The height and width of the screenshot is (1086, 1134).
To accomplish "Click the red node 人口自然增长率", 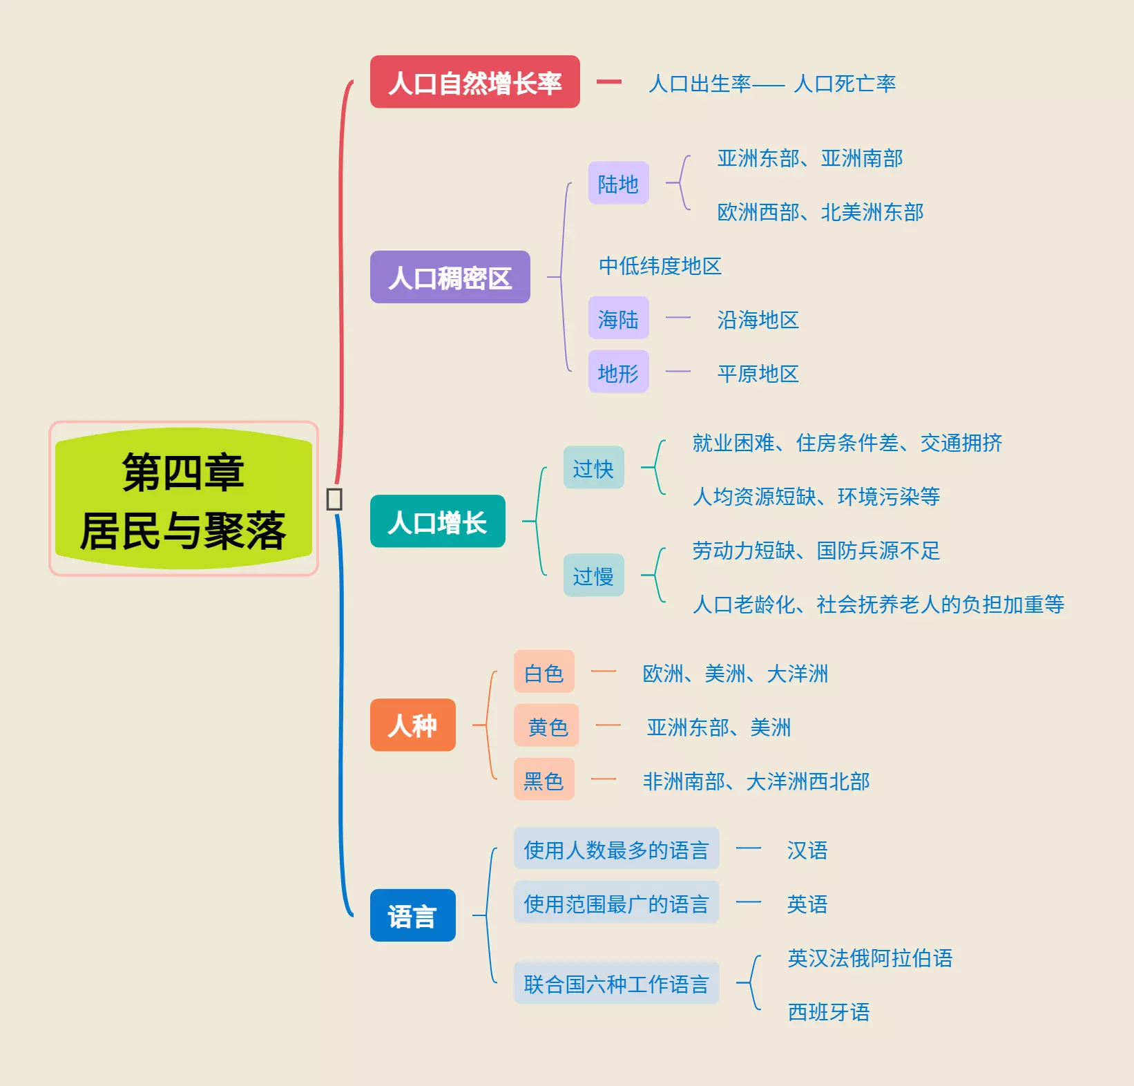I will pyautogui.click(x=474, y=82).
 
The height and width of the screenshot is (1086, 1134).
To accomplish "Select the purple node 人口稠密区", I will pyautogui.click(x=450, y=277).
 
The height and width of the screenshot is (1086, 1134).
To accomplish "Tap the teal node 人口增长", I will pyautogui.click(x=437, y=522).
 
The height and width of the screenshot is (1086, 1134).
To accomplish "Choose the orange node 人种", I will pyautogui.click(x=412, y=725).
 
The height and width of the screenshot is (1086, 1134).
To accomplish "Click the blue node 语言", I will pyautogui.click(x=412, y=915).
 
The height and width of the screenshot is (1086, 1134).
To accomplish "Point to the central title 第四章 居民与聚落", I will pyautogui.click(x=183, y=499).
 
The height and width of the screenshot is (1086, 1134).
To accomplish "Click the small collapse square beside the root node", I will pyautogui.click(x=334, y=499).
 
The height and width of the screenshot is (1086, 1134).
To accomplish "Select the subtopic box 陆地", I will pyautogui.click(x=618, y=183).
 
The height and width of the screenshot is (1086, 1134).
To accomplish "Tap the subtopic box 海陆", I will pyautogui.click(x=618, y=318).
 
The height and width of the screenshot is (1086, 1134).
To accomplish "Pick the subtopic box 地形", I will pyautogui.click(x=618, y=372).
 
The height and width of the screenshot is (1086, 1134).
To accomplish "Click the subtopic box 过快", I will pyautogui.click(x=593, y=468).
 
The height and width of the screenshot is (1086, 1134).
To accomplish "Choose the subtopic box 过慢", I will pyautogui.click(x=593, y=575).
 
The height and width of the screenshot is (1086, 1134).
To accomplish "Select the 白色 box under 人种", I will pyautogui.click(x=544, y=671).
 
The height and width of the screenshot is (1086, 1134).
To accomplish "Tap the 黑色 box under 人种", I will pyautogui.click(x=544, y=779).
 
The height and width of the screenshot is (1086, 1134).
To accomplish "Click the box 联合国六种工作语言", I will pyautogui.click(x=616, y=983).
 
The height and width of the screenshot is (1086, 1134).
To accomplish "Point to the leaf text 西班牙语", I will pyautogui.click(x=829, y=1011).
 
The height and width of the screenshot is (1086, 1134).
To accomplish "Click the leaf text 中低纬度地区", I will pyautogui.click(x=660, y=265).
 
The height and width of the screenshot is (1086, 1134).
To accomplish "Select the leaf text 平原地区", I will pyautogui.click(x=758, y=373).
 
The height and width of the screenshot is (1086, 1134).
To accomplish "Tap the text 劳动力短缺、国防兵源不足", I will pyautogui.click(x=816, y=550).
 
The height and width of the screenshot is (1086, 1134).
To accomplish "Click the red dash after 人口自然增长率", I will pyautogui.click(x=608, y=82).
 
